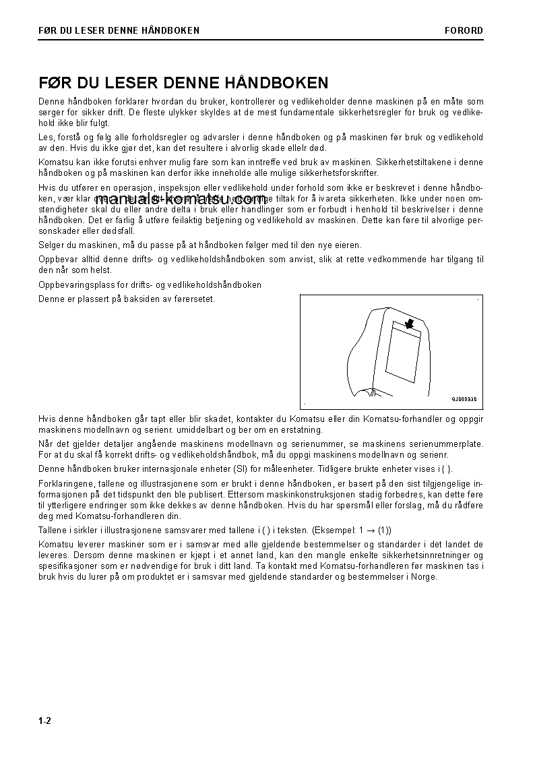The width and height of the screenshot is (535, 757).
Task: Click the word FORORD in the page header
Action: (464, 30)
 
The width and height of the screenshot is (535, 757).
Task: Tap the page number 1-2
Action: (45, 721)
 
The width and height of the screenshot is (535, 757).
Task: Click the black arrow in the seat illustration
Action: (407, 324)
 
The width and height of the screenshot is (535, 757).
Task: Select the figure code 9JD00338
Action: (464, 399)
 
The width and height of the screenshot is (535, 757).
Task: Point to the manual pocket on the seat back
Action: (403, 351)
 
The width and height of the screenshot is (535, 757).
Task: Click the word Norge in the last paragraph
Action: (424, 577)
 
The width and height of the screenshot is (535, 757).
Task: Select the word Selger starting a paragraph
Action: (52, 245)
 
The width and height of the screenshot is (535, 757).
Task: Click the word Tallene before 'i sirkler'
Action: (54, 531)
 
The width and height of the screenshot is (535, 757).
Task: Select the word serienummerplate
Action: (449, 444)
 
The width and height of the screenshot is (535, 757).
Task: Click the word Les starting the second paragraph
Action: (45, 138)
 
